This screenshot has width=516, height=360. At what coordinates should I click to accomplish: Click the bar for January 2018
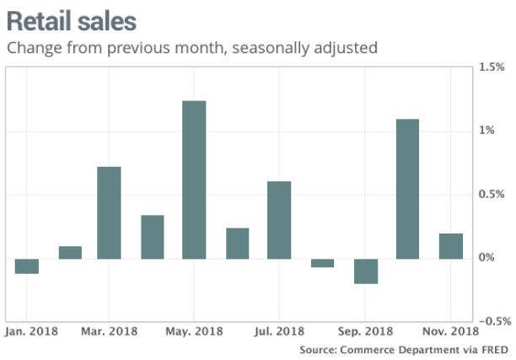[x=27, y=266]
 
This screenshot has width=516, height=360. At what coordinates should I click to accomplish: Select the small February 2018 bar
[x=70, y=252]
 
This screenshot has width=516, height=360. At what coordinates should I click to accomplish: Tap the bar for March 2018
[x=110, y=212]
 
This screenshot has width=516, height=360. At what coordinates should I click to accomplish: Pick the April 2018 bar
[x=153, y=237]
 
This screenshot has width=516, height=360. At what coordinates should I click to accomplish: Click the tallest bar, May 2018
[x=195, y=180]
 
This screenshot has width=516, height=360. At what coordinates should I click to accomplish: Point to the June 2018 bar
[x=238, y=243]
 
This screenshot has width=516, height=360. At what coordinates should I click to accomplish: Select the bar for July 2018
[x=280, y=219]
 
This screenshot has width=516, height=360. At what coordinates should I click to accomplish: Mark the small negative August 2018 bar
[x=322, y=262]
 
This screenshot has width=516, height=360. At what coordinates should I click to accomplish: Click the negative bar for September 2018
[x=365, y=271]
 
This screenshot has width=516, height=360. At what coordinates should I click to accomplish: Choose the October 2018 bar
[x=407, y=188]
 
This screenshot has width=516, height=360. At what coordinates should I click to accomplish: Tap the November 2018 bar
[x=450, y=245]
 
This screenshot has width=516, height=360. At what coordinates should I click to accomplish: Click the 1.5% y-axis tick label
[x=490, y=67]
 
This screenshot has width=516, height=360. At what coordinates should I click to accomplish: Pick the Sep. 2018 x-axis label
[x=366, y=331]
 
